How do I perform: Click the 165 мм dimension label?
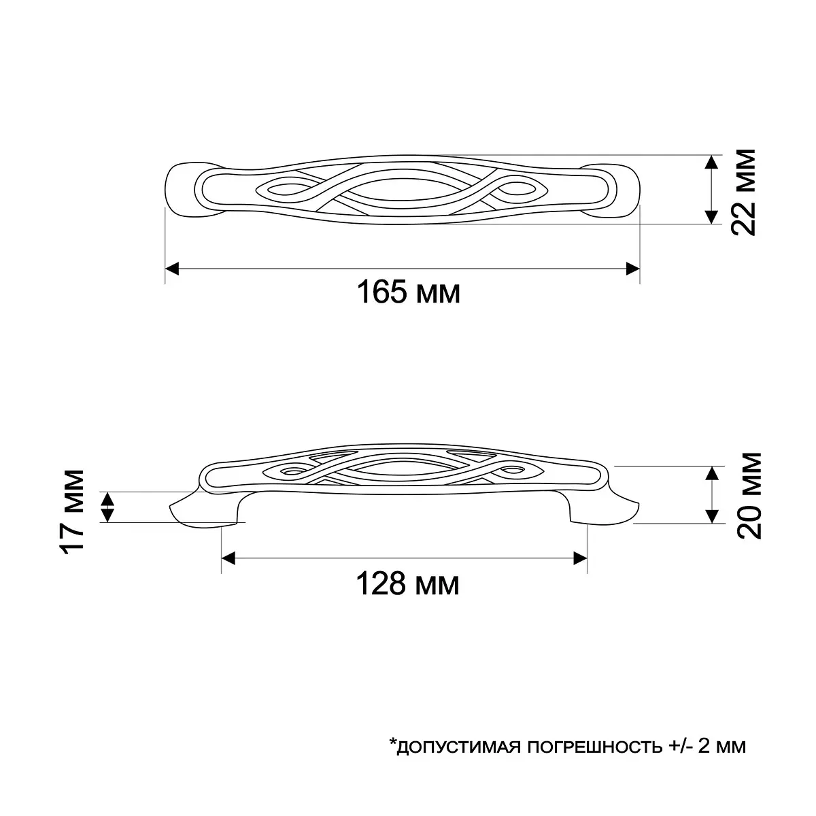point(408,292)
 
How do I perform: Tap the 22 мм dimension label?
point(744,192)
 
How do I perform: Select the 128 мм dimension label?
point(407,584)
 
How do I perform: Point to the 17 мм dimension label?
point(71,511)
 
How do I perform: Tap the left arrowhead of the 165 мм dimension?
point(172,269)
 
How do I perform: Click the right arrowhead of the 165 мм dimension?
point(632,269)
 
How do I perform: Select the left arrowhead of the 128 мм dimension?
point(228,558)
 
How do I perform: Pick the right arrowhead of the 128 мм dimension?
point(580,558)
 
